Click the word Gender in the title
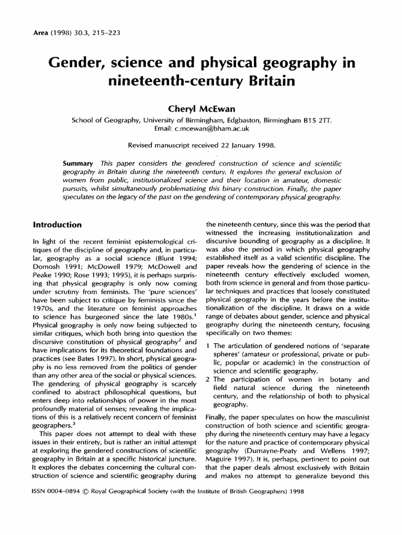81,64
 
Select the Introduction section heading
57,225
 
